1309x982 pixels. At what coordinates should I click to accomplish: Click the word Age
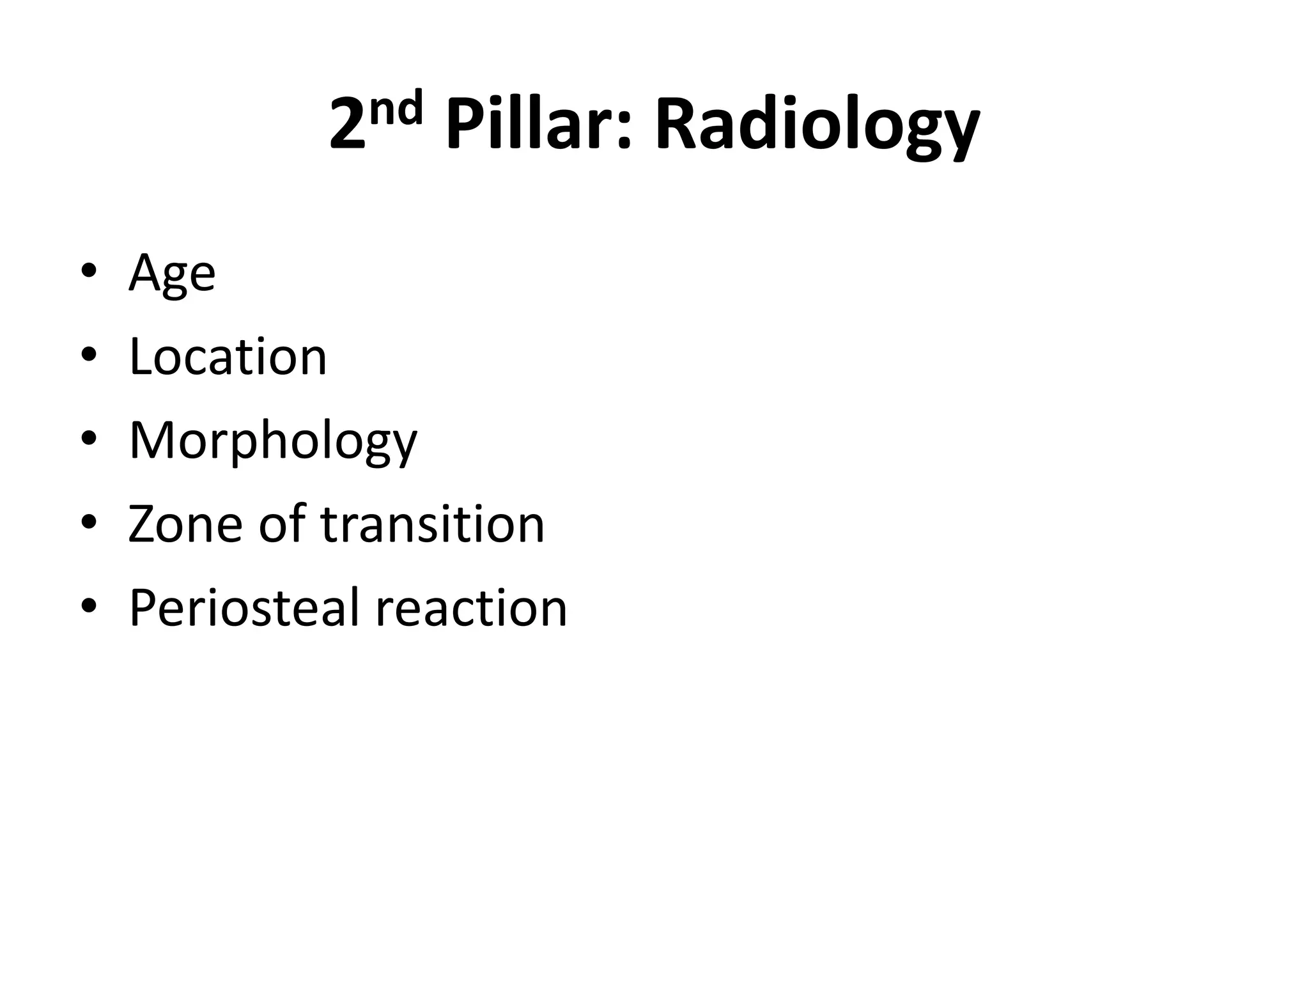[172, 273]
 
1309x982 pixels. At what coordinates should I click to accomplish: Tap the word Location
[228, 357]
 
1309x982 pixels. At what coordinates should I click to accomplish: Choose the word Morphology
[273, 441]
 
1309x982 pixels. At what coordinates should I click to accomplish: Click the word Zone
[185, 524]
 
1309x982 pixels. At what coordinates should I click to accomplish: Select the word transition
[432, 524]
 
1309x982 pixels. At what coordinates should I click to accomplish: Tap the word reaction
[471, 608]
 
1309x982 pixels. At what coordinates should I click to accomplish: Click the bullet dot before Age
[89, 270]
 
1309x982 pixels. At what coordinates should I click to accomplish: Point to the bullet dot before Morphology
[89, 439]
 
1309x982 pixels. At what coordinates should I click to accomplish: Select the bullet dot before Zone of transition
[89, 522]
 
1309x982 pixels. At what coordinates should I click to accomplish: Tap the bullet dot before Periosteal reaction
[89, 606]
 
